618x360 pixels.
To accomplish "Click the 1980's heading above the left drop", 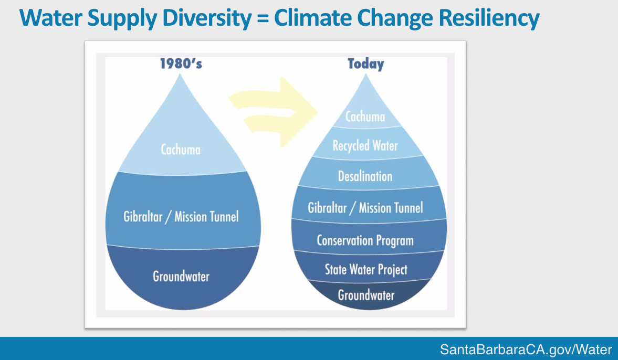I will click(181, 64).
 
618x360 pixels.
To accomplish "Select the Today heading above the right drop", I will click(365, 64).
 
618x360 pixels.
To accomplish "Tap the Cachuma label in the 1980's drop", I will click(181, 150).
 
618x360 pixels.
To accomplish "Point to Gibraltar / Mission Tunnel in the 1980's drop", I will click(181, 216).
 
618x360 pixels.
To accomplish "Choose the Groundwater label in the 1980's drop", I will click(181, 276).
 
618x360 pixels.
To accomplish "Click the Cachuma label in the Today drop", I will click(365, 117).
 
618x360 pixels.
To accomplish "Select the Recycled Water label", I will click(365, 145).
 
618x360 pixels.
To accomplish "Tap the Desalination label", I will click(365, 176).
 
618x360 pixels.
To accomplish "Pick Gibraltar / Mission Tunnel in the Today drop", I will click(365, 208).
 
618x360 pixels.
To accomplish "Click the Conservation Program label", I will click(365, 240).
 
